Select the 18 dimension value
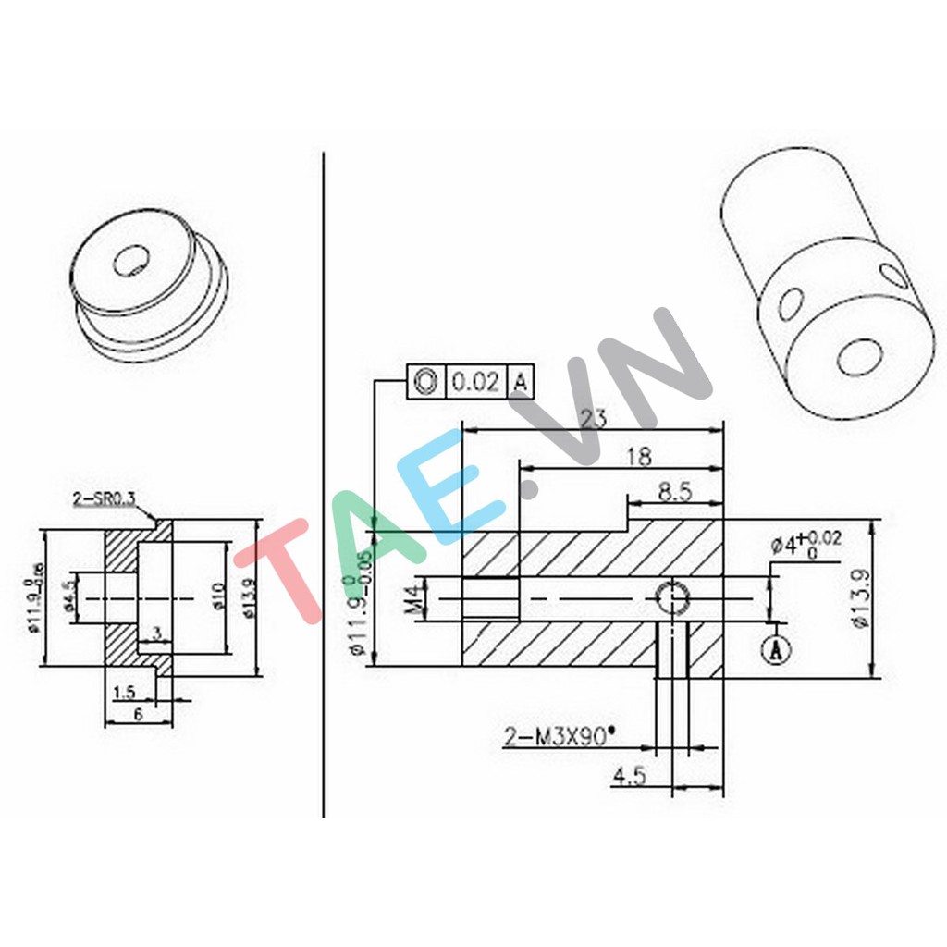(x=638, y=456)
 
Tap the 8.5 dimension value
(x=675, y=491)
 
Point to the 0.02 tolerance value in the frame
(x=477, y=381)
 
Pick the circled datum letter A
(x=778, y=650)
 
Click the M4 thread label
(x=412, y=598)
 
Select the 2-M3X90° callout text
(x=560, y=736)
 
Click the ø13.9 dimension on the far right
(x=861, y=599)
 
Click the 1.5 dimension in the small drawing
(x=122, y=691)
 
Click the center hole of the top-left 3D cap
(x=129, y=261)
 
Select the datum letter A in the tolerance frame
(x=521, y=381)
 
